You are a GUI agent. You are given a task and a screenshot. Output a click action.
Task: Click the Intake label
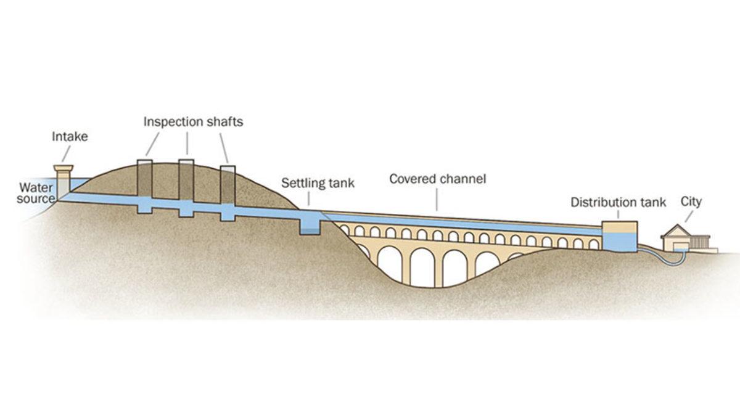coord(70,137)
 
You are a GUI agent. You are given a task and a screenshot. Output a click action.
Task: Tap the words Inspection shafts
coord(193,121)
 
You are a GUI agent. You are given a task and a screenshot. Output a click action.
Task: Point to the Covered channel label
coord(438,179)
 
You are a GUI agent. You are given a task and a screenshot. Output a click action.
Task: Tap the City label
coord(691,202)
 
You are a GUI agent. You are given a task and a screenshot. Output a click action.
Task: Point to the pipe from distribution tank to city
coord(654,253)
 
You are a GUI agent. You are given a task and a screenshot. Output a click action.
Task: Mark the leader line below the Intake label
coord(65,154)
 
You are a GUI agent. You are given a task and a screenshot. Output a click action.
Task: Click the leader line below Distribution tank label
coord(619,214)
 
